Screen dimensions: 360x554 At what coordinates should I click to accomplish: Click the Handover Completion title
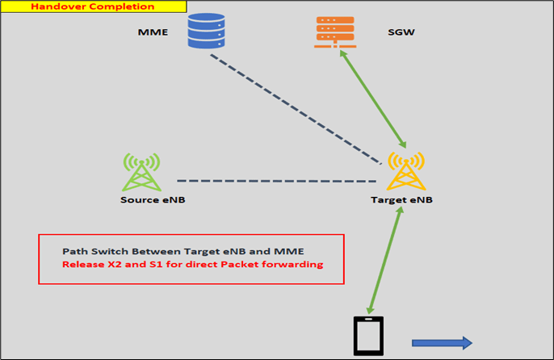93,6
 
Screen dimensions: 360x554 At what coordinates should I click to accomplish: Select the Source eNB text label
153,199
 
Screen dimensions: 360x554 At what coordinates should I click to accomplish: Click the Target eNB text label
401,199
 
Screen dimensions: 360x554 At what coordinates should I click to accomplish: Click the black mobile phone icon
369,336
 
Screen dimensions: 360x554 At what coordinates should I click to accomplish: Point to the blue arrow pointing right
442,342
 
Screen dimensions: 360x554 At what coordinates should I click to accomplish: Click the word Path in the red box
73,251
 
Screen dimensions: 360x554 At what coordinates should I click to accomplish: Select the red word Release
82,264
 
